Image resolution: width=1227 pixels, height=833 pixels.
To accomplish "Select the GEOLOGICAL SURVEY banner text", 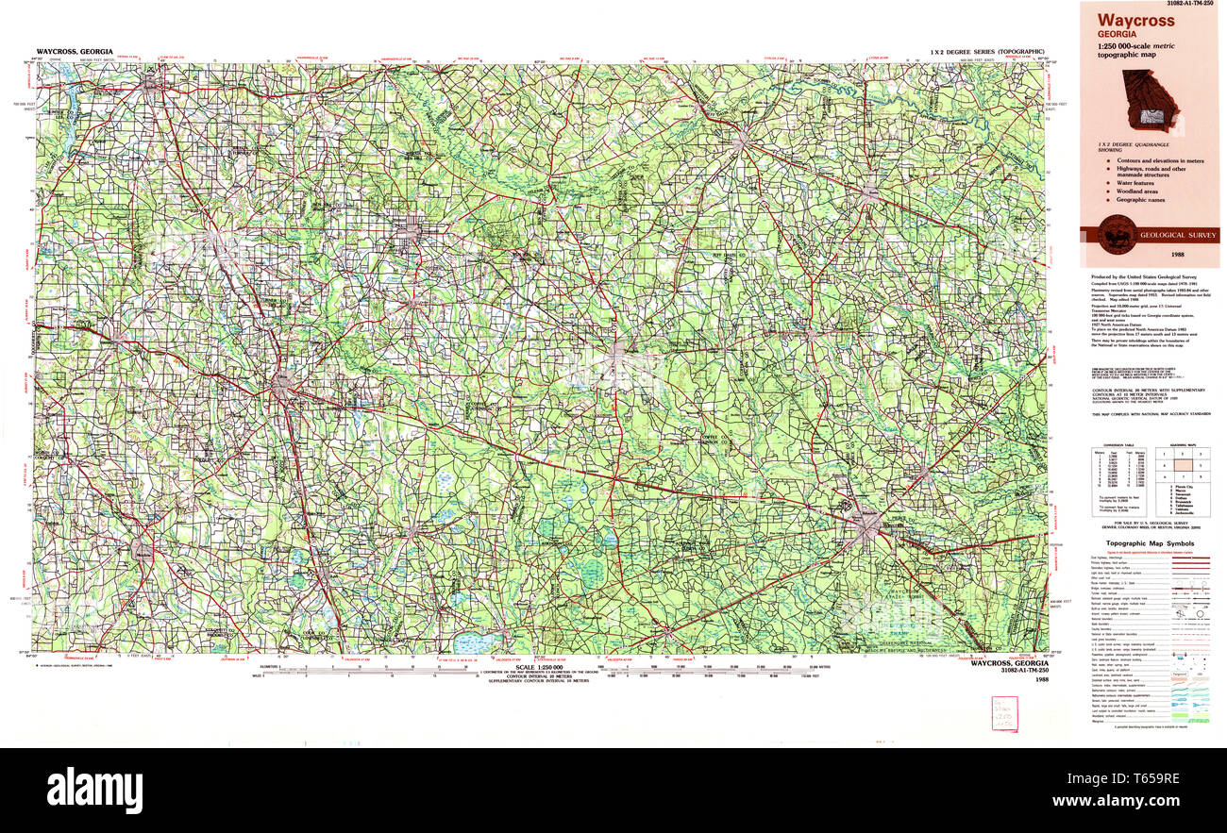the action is tap(1175, 234).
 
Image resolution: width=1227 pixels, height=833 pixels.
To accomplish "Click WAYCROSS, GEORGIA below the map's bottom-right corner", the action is tap(1008, 663).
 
